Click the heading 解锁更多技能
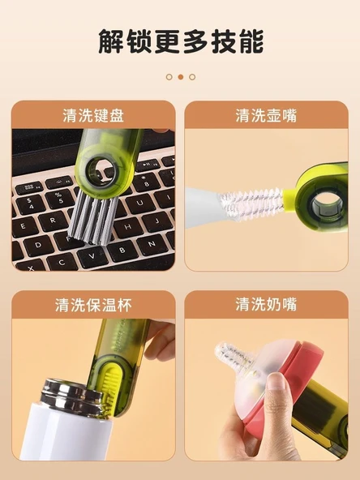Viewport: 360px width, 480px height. tap(181, 41)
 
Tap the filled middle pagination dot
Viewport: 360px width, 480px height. tap(181, 77)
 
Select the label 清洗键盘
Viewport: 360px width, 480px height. tap(93, 116)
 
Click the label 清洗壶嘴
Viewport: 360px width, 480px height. tap(266, 116)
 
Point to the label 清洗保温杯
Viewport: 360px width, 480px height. tap(93, 305)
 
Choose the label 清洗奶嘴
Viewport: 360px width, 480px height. tap(266, 304)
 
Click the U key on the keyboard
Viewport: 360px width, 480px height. tap(140, 203)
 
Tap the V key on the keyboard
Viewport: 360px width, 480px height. tap(92, 256)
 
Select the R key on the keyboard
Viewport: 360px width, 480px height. tap(53, 221)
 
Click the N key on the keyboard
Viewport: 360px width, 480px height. tap(152, 244)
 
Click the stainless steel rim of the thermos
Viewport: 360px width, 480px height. tap(72, 397)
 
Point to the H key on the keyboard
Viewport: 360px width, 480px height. tap(127, 227)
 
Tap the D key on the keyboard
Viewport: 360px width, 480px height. tap(38, 245)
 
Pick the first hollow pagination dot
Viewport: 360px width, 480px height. tap(169, 77)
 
